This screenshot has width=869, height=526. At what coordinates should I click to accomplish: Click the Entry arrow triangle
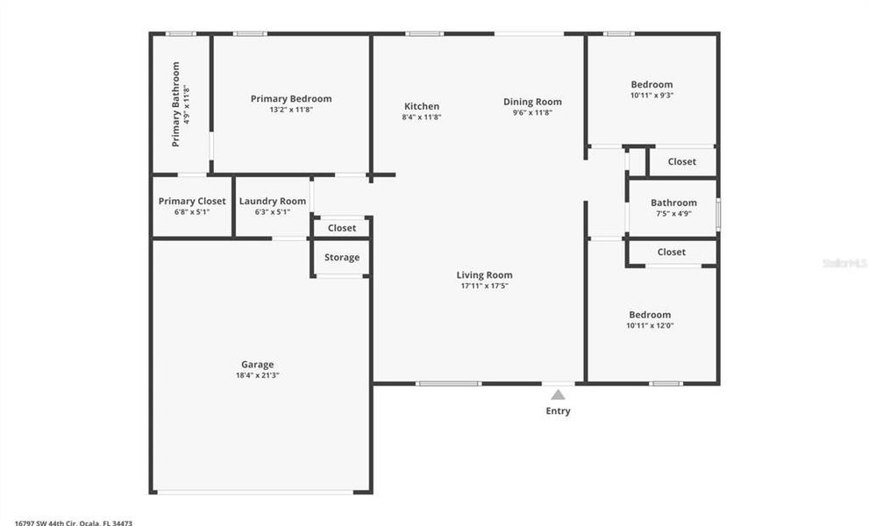pyautogui.click(x=558, y=394)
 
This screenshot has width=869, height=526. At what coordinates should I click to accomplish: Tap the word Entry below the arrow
pyautogui.click(x=558, y=411)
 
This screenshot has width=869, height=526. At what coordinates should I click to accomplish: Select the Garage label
pyautogui.click(x=258, y=365)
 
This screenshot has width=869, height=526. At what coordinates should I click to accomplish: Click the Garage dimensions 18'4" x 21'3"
pyautogui.click(x=258, y=375)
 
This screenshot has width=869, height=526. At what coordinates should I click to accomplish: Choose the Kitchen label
pyautogui.click(x=421, y=107)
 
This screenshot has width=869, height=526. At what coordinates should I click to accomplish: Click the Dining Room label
pyautogui.click(x=532, y=102)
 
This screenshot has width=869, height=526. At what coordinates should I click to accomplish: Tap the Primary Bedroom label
pyautogui.click(x=291, y=99)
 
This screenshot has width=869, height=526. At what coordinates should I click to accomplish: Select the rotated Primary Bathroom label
pyautogui.click(x=176, y=103)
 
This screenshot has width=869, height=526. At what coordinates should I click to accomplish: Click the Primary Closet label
pyautogui.click(x=192, y=202)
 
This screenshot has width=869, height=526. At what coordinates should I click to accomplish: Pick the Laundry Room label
pyautogui.click(x=273, y=202)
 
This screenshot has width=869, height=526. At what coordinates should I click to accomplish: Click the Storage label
pyautogui.click(x=342, y=258)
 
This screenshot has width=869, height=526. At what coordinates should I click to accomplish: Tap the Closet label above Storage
pyautogui.click(x=342, y=228)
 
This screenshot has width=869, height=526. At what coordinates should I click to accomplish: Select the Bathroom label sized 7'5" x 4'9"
pyautogui.click(x=673, y=203)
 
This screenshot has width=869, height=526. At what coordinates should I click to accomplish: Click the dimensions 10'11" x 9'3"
pyautogui.click(x=652, y=95)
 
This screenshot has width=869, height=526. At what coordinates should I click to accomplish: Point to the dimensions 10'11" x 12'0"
pyautogui.click(x=650, y=325)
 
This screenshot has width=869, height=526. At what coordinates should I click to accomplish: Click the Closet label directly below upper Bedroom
pyautogui.click(x=682, y=161)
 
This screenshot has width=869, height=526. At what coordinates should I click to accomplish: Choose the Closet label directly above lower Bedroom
pyautogui.click(x=672, y=252)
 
